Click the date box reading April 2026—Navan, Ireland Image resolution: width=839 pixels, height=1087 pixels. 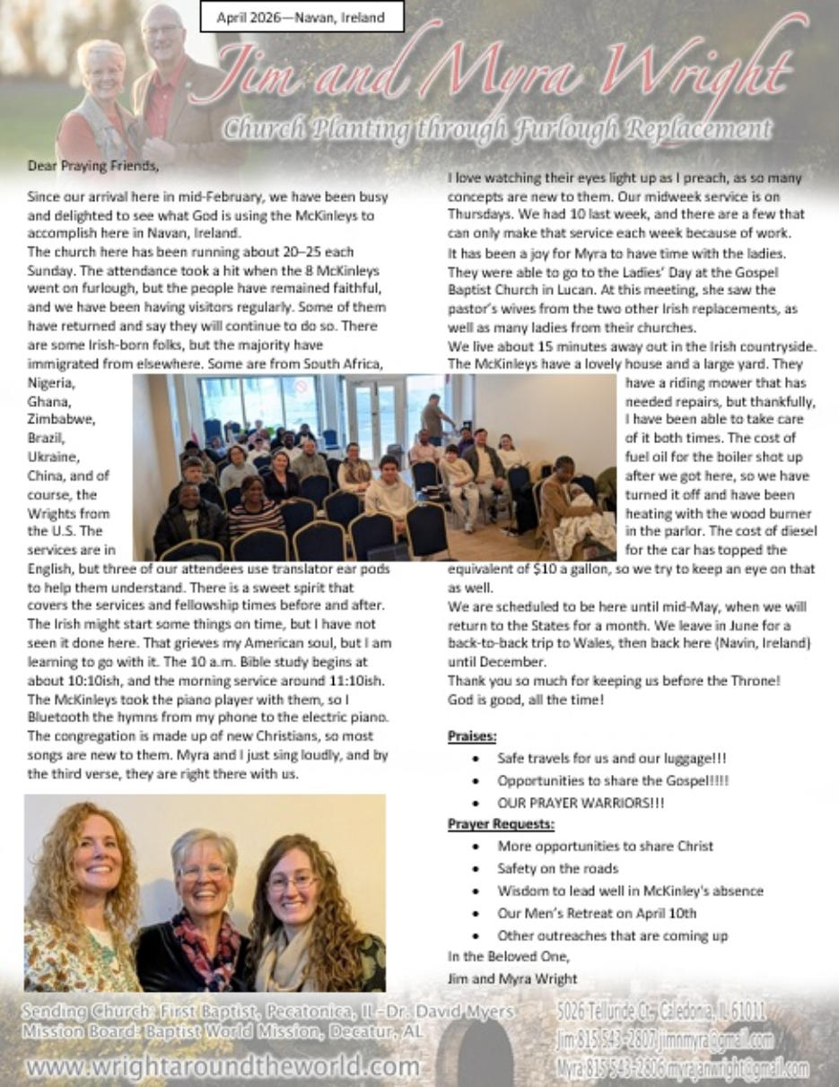[300, 17]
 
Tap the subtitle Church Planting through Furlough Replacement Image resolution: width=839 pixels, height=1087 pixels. [497, 128]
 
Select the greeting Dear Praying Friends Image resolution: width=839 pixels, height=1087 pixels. [80, 165]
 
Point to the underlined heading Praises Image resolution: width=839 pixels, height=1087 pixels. [472, 736]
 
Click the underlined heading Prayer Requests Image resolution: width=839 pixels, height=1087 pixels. [501, 824]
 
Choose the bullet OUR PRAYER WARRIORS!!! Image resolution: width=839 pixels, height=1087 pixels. [581, 804]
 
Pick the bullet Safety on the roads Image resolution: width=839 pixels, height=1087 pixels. [557, 868]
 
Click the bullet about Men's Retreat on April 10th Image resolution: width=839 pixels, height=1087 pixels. [597, 913]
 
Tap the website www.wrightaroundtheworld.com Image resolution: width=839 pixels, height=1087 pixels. [223, 1067]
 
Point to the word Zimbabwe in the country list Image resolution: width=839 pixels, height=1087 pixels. [62, 418]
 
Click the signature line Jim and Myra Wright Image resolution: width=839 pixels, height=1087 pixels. [512, 978]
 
